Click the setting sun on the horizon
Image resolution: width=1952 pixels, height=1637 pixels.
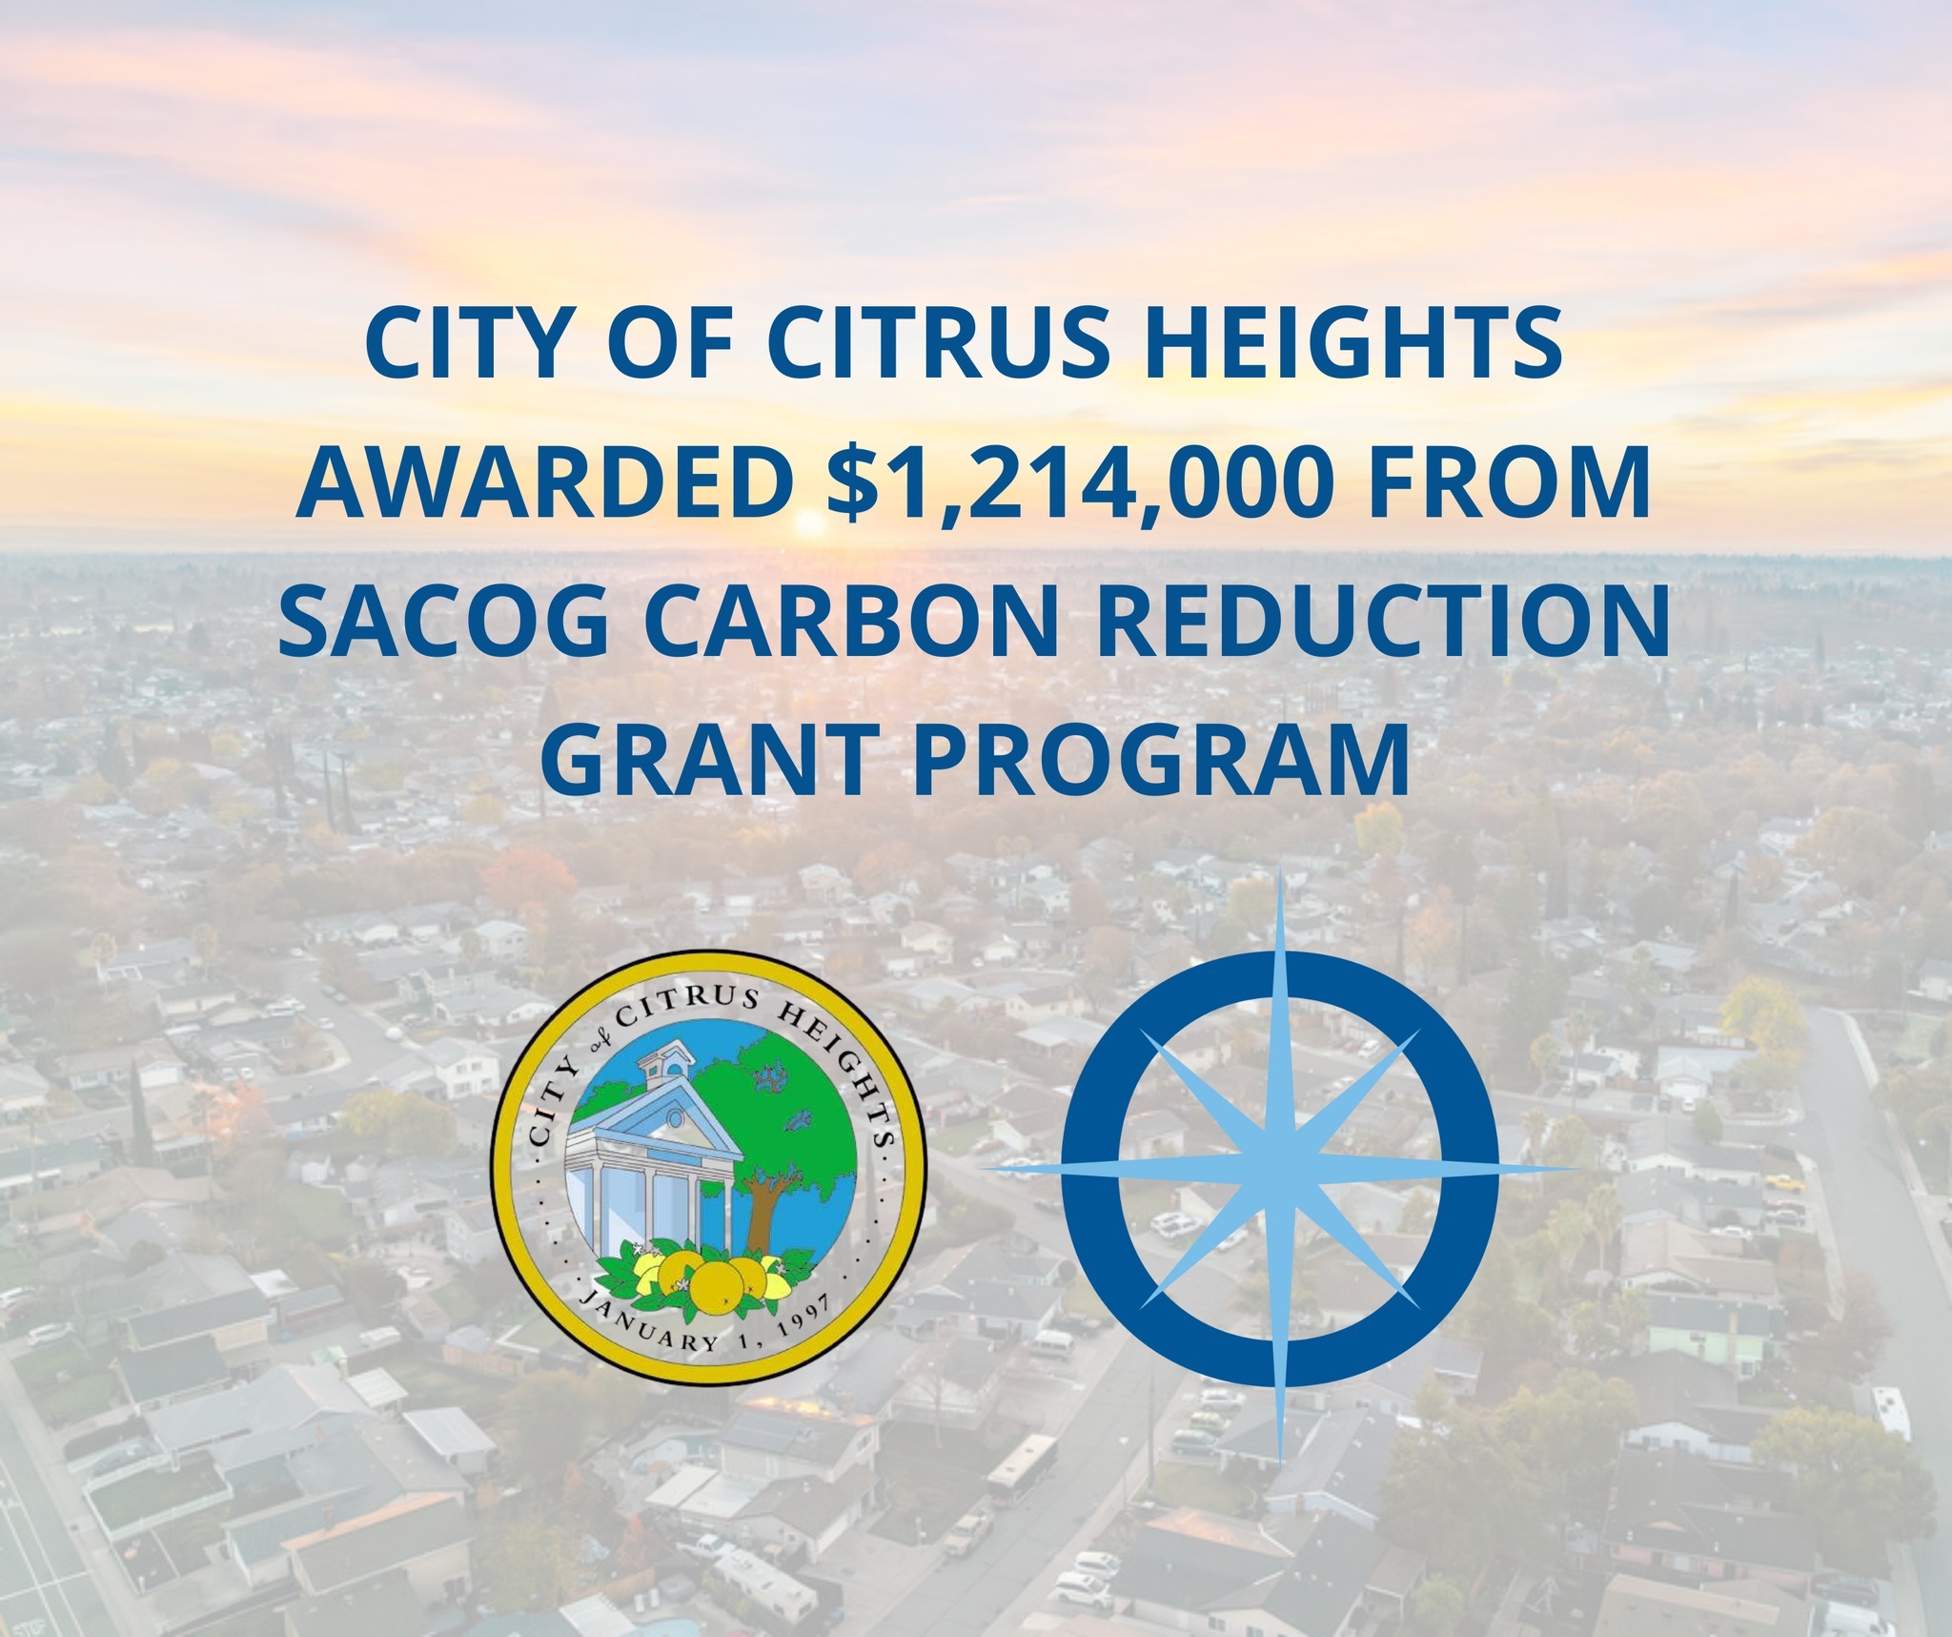(809, 522)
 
